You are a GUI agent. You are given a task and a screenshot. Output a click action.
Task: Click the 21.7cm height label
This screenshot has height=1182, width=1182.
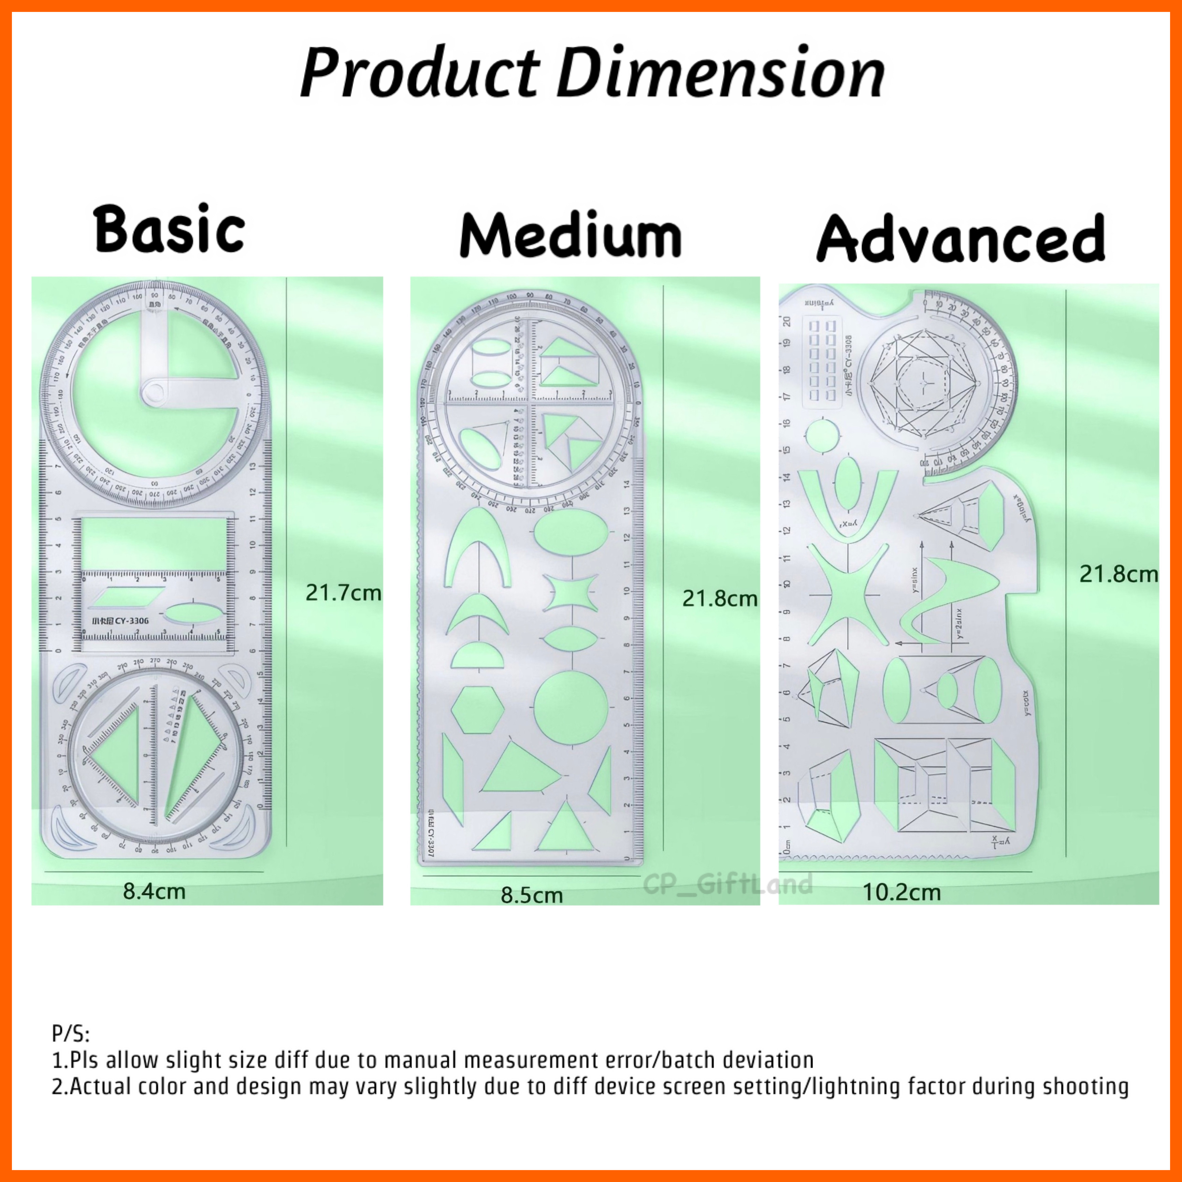(x=343, y=592)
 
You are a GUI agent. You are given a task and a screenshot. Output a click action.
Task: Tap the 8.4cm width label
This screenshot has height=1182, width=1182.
(x=154, y=891)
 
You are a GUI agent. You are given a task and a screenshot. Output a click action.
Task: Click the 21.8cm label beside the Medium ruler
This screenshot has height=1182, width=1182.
(x=720, y=599)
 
